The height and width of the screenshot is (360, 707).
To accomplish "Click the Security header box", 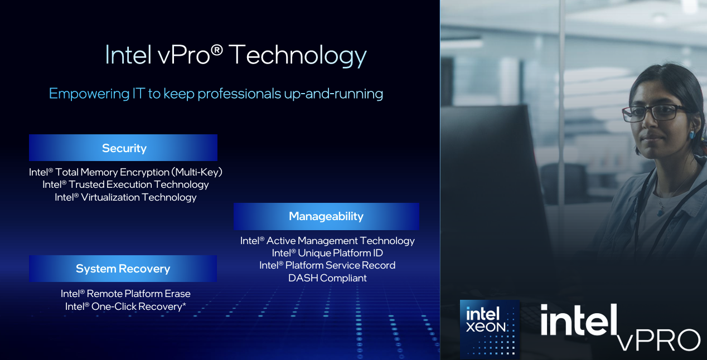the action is coord(123,148).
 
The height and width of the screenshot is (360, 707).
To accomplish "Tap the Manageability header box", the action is coord(326,216).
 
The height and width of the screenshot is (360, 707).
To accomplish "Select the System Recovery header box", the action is coord(123,269).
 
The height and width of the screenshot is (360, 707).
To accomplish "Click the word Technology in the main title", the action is coord(297,56).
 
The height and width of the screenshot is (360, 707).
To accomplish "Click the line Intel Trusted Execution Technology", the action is coord(125,184).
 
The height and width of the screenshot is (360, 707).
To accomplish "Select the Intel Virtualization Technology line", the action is coord(125,197).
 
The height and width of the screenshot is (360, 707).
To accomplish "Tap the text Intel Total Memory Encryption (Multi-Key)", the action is coord(125,172).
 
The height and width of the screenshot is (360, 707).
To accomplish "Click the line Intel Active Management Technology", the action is coord(327,241).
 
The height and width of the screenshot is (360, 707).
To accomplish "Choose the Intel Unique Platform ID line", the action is coord(327,253).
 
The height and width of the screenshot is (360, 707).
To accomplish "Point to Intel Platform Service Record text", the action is coord(327,265).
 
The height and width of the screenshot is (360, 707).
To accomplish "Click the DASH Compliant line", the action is coord(327,278).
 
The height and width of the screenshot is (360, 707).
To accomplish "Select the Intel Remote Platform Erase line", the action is coord(125,294).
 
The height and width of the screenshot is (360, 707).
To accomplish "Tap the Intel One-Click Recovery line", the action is coord(125,307).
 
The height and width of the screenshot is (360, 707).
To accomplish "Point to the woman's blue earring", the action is coord(691,135).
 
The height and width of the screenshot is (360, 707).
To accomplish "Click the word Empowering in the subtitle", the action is coord(89,94).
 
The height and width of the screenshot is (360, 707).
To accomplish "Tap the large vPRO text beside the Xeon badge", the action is coord(658,340).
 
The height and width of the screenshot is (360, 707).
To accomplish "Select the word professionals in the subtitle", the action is coord(239,94).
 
